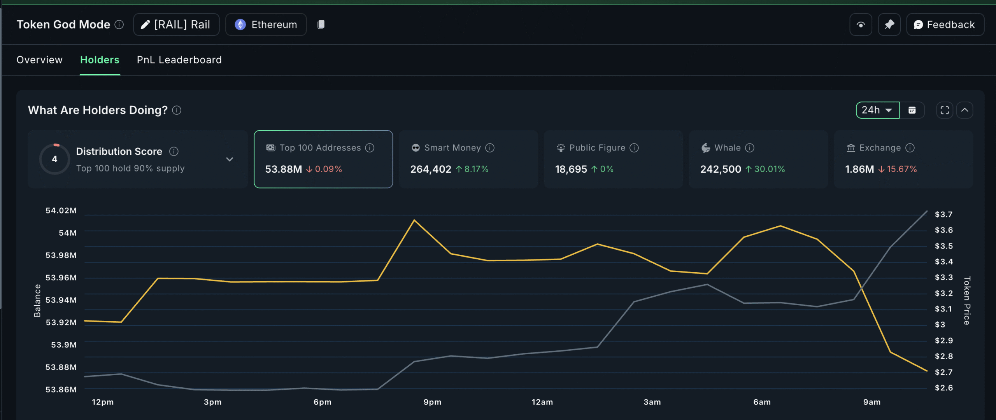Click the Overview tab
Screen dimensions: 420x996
[39, 60]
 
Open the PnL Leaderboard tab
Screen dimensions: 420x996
[179, 60]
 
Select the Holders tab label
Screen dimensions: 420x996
[100, 60]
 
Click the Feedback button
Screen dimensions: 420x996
[945, 25]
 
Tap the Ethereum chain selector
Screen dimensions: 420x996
[266, 25]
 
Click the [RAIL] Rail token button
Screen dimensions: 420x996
[176, 25]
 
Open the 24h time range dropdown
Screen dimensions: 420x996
[877, 110]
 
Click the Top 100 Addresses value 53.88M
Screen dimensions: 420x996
[283, 170]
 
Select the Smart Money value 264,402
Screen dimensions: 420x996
[430, 170]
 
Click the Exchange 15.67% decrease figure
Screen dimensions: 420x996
[901, 170]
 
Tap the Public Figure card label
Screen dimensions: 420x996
[597, 148]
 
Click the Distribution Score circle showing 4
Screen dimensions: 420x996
[55, 159]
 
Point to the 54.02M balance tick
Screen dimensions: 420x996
[61, 211]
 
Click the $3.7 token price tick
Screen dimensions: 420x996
[943, 215]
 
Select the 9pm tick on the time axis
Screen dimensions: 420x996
[432, 402]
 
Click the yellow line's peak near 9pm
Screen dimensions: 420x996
[414, 220]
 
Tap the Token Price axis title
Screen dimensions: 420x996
[967, 300]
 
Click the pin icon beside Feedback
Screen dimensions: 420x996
[889, 25]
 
